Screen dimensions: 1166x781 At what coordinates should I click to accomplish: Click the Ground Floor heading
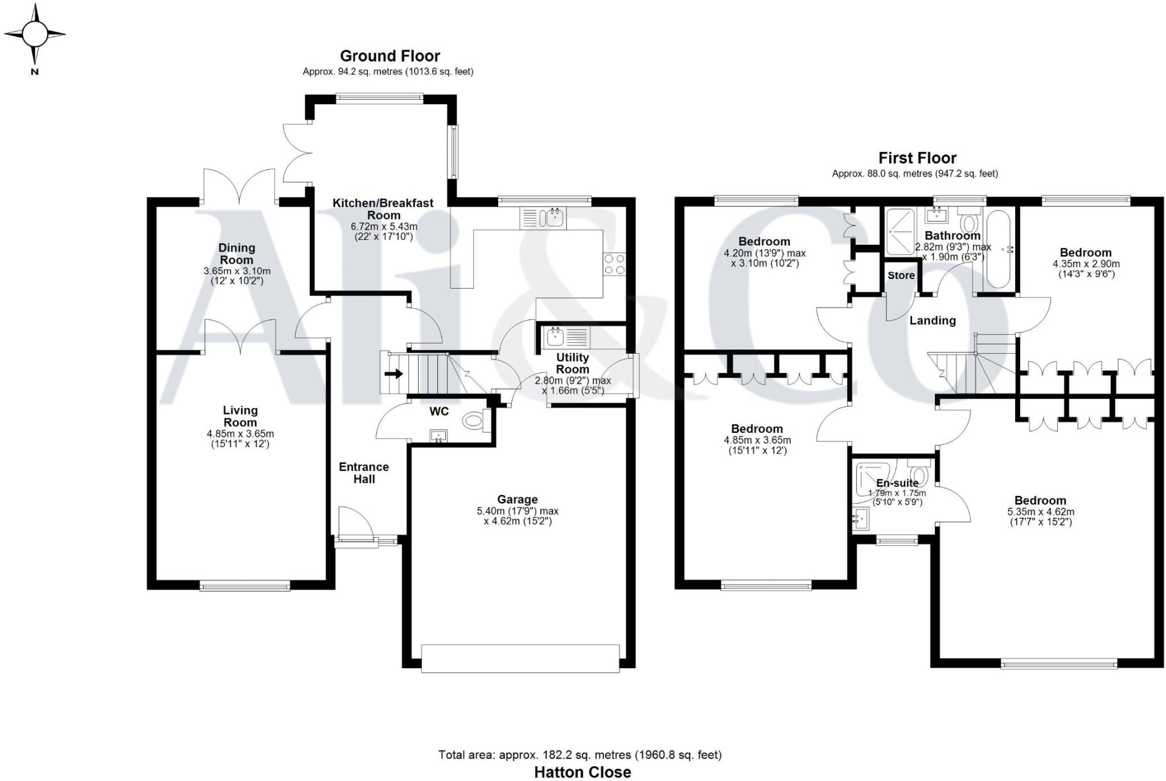click(x=389, y=56)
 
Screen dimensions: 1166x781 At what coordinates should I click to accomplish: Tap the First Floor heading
click(x=917, y=158)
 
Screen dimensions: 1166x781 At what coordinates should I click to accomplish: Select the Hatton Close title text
click(x=582, y=772)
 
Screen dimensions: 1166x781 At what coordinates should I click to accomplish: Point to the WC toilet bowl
click(x=473, y=422)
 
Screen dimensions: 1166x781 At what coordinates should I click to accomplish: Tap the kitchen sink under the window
click(x=552, y=216)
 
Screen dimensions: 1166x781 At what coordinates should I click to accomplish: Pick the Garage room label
click(x=517, y=499)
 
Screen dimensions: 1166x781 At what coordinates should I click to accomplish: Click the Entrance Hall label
click(x=364, y=473)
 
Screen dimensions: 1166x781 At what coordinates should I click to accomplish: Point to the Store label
click(x=901, y=276)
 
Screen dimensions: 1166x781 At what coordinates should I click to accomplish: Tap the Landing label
click(x=932, y=321)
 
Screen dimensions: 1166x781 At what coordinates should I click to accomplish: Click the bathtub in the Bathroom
click(x=998, y=250)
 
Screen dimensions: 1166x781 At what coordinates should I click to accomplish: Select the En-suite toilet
click(x=919, y=473)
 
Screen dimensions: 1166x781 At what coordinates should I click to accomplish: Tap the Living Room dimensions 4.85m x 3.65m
click(x=240, y=434)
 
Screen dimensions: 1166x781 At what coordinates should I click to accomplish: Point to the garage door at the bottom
click(x=520, y=659)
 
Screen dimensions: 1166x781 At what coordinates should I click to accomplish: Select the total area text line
click(x=580, y=755)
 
